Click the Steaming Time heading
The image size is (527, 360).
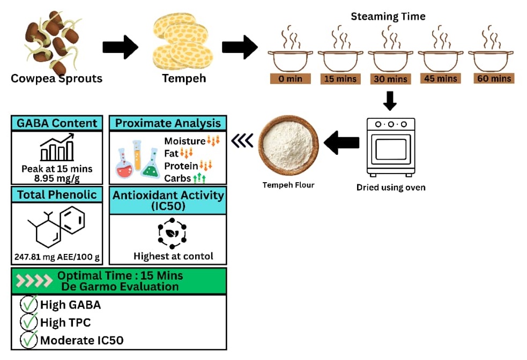[388, 17]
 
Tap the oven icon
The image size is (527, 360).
[390, 146]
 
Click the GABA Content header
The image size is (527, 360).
[57, 123]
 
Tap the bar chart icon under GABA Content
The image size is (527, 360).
[57, 148]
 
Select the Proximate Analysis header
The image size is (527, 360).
[168, 123]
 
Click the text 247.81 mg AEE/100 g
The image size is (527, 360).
[57, 257]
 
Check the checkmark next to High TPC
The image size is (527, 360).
[28, 322]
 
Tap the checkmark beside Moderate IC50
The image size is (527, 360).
[28, 340]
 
